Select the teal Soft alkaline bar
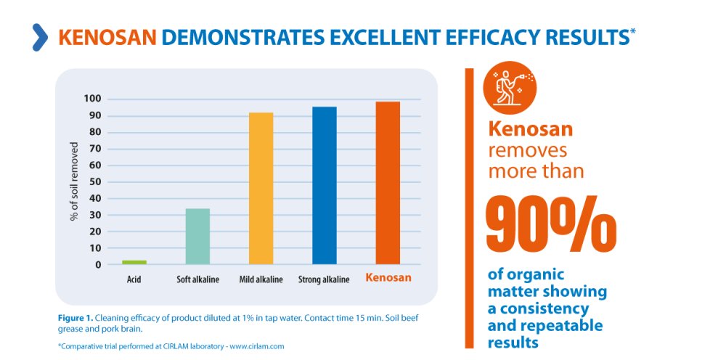click(197, 237)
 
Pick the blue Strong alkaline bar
click(324, 186)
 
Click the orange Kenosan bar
click(388, 183)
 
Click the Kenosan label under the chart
click(388, 278)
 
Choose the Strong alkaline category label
click(324, 279)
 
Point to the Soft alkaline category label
click(197, 279)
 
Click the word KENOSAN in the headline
click(107, 37)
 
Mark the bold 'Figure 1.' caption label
click(76, 318)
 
